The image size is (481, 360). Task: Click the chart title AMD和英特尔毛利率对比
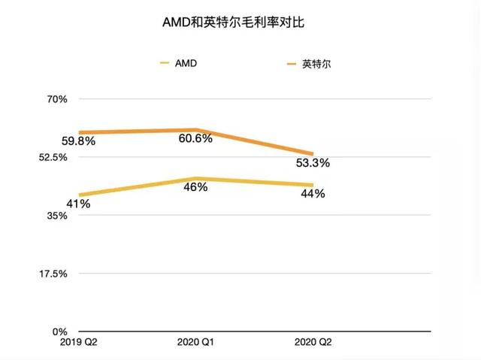[x=240, y=23]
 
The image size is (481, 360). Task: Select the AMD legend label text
[x=186, y=64]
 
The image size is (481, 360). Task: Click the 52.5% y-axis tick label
[x=53, y=157]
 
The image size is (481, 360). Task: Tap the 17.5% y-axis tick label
[x=53, y=274]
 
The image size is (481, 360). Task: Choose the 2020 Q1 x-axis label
[x=196, y=343]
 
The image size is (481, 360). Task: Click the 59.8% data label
[x=78, y=141]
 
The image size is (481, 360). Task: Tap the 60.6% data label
[x=195, y=138]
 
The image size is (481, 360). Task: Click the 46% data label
[x=195, y=187]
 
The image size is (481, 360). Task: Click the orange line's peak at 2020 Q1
[x=195, y=130]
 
